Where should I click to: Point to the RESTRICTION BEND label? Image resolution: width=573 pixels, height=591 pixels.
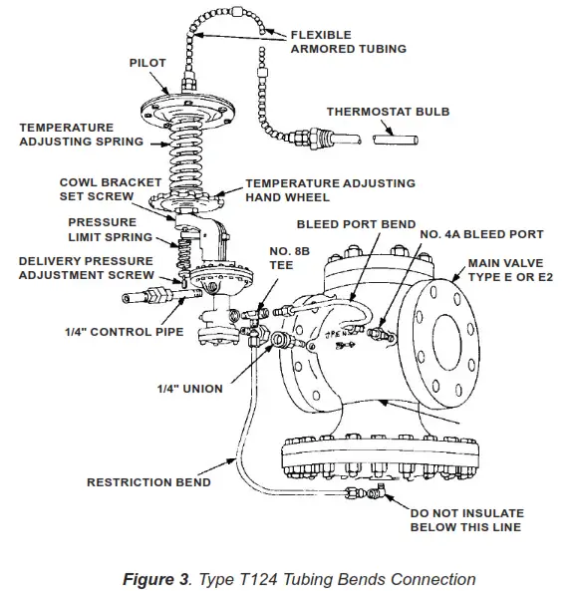[x=148, y=482]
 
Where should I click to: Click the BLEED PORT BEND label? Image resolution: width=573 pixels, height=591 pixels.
[x=355, y=225]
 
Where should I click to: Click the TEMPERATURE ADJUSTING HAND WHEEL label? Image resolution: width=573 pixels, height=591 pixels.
[x=330, y=190]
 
